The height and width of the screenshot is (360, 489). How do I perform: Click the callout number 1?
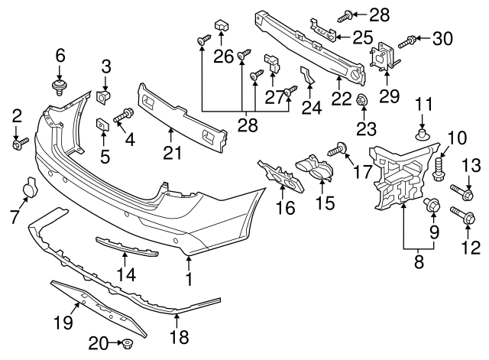[x=189, y=281]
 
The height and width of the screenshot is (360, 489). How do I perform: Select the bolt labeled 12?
[x=460, y=216]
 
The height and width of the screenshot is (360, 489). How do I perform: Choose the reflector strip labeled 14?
[x=127, y=248]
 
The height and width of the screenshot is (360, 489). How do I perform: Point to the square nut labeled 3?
[x=105, y=98]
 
